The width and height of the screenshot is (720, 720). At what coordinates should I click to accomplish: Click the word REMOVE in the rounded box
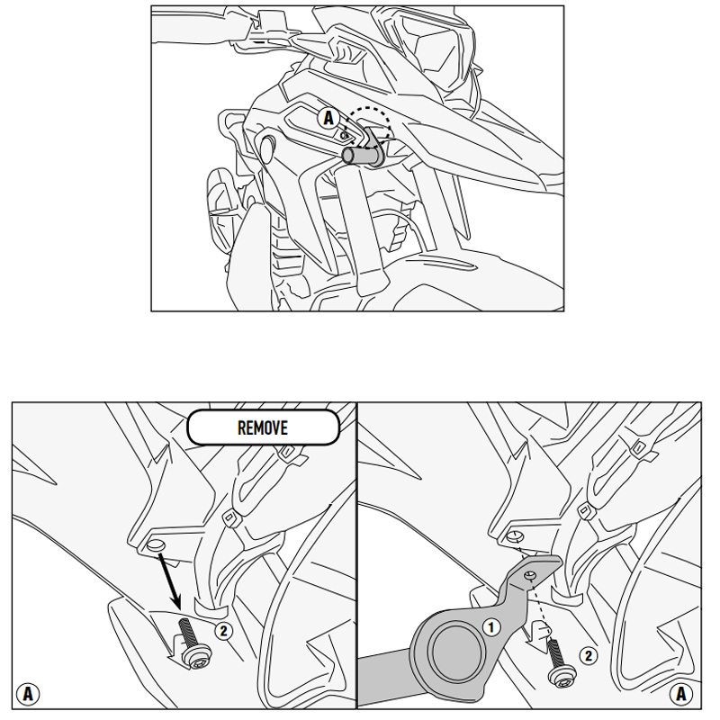(x=263, y=428)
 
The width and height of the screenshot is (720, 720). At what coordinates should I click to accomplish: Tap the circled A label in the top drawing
(x=328, y=118)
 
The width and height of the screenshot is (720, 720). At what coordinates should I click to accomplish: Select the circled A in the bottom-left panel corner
(x=28, y=693)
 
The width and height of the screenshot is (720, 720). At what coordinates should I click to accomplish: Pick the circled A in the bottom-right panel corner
(x=681, y=693)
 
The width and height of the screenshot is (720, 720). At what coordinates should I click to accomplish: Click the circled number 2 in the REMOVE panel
(x=223, y=631)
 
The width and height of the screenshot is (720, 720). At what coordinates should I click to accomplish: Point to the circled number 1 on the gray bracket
(x=491, y=626)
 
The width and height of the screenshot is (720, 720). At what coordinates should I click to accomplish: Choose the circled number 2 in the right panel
(x=589, y=655)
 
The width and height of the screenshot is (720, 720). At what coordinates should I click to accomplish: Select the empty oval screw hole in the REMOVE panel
(x=156, y=546)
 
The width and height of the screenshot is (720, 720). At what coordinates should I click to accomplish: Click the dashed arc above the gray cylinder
(x=370, y=122)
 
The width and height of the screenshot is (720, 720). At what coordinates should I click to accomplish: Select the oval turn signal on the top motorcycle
(x=266, y=148)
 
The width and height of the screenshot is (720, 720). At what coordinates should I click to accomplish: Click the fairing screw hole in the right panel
(x=516, y=535)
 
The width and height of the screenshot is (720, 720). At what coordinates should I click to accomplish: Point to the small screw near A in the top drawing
(x=344, y=136)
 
